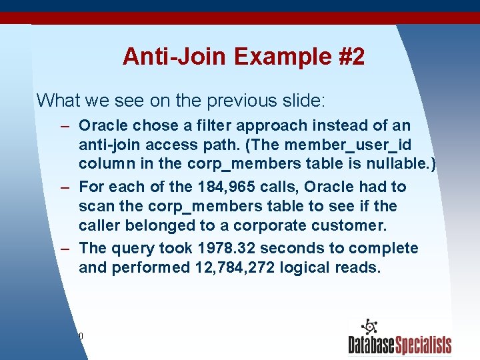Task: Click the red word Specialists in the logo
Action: click(424, 345)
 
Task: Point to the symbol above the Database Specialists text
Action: click(369, 327)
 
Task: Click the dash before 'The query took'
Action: click(65, 248)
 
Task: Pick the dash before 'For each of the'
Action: click(65, 187)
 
